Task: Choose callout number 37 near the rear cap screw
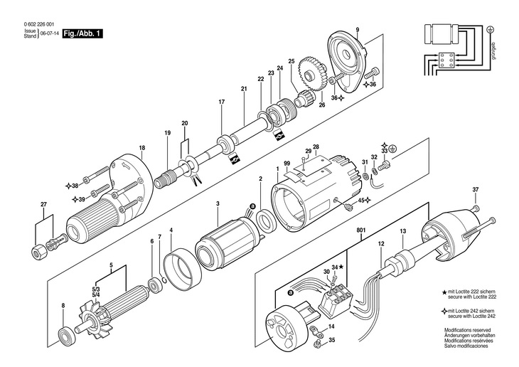click(x=476, y=190)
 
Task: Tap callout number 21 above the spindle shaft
click(x=243, y=89)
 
